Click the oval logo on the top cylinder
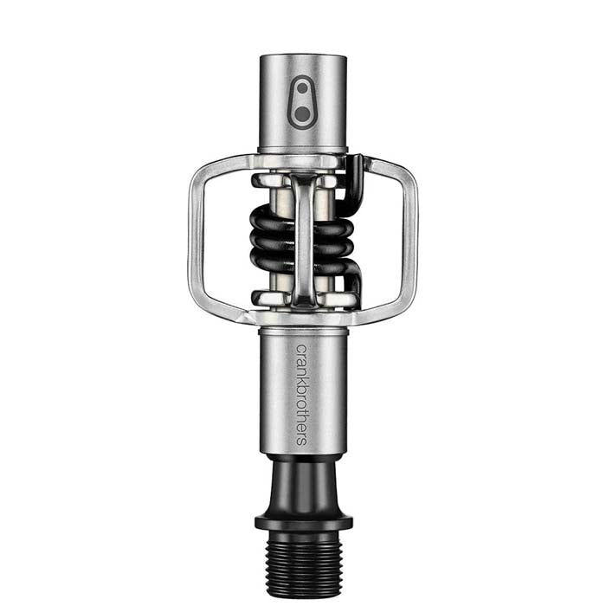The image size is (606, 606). (302, 102)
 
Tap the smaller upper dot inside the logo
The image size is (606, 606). (302, 90)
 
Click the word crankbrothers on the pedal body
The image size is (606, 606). (301, 393)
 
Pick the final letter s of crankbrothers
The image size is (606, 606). (301, 439)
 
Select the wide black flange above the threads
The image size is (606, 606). (303, 521)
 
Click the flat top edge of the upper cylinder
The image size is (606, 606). (303, 57)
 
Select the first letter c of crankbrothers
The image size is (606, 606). (301, 349)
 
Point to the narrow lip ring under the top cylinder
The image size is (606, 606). (303, 150)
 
